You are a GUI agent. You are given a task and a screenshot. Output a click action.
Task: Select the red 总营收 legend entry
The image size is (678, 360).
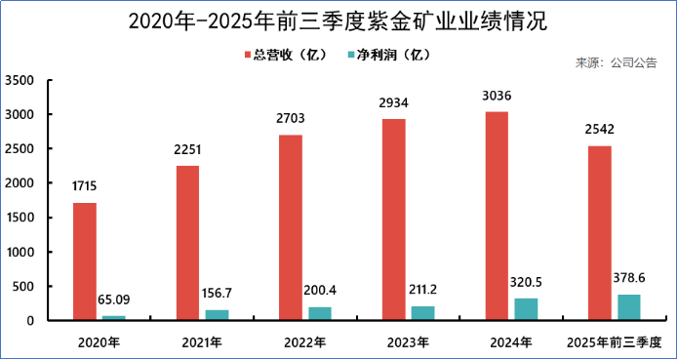tap(284, 54)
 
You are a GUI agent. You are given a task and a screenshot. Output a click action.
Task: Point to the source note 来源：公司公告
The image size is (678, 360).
tap(616, 63)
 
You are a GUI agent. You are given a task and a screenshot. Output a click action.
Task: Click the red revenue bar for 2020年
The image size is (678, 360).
tap(85, 260)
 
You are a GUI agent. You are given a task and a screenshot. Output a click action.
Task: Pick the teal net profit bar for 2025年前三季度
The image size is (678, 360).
tap(628, 306)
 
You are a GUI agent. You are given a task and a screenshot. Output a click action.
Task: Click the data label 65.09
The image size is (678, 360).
tap(114, 301)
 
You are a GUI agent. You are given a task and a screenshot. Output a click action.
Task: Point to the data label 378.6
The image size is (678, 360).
tap(628, 278)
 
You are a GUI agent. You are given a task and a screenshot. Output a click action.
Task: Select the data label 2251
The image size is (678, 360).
tap(187, 149)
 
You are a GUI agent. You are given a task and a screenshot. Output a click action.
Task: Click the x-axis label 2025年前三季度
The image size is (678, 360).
tap(614, 342)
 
